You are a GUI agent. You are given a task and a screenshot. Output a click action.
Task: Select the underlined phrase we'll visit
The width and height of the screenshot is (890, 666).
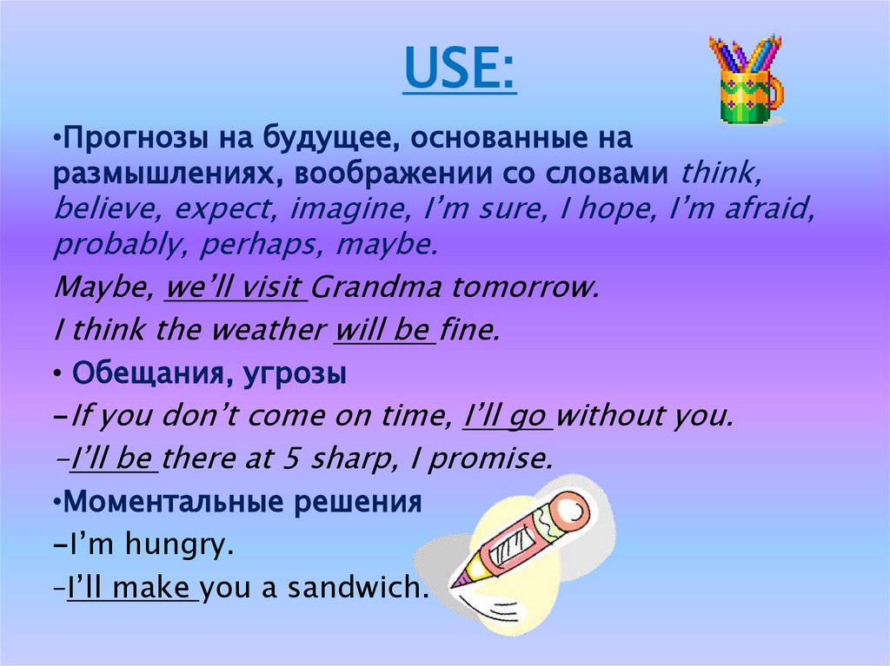click(236, 288)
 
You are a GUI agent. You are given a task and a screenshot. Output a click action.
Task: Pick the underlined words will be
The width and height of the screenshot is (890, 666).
click(385, 331)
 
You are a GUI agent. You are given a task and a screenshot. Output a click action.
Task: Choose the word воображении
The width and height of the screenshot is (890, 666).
click(389, 174)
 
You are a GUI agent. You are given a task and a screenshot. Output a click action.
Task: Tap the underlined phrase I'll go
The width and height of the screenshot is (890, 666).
click(508, 416)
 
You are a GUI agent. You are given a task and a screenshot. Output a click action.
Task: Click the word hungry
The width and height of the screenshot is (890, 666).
click(177, 546)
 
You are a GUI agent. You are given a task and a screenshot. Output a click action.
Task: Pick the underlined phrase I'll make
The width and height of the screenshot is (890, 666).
click(131, 589)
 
